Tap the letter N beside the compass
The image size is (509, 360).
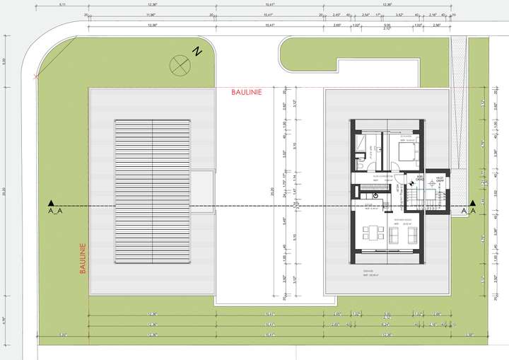(199, 51)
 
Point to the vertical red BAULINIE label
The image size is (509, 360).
(83, 259)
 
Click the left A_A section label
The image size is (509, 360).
(54, 211)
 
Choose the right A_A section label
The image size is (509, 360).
(468, 211)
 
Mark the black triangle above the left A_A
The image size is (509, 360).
(50, 202)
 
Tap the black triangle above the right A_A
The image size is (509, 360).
(472, 202)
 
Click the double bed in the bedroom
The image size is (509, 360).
(407, 151)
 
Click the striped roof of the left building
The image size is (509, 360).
(153, 191)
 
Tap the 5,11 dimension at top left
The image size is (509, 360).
(62, 5)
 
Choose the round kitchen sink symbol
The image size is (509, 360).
(376, 195)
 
